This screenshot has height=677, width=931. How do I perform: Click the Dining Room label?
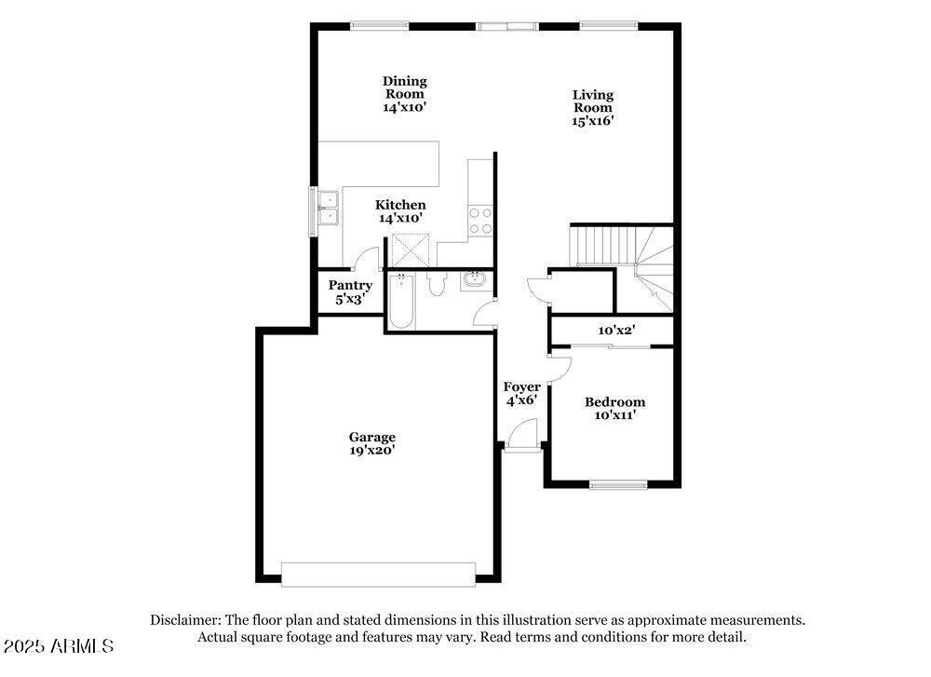(405, 88)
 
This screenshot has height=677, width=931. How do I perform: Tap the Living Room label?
(593, 101)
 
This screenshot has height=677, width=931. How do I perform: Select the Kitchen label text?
(400, 205)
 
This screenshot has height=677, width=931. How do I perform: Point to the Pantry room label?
(350, 286)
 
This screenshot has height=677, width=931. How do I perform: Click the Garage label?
(372, 437)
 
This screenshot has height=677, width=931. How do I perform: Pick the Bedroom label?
(614, 402)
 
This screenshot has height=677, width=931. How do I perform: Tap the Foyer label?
(522, 387)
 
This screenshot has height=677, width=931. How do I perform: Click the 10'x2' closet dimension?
(616, 330)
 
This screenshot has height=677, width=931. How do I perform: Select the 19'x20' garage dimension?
(372, 451)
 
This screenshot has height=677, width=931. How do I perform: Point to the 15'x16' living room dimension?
(593, 120)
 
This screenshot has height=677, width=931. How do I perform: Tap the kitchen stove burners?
(480, 221)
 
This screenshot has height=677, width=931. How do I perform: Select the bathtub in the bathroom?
(400, 302)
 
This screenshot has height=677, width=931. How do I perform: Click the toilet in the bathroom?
(436, 284)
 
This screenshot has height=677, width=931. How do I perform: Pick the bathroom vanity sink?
(473, 278)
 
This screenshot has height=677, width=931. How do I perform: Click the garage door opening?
(378, 574)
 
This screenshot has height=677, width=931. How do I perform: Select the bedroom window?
(618, 483)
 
